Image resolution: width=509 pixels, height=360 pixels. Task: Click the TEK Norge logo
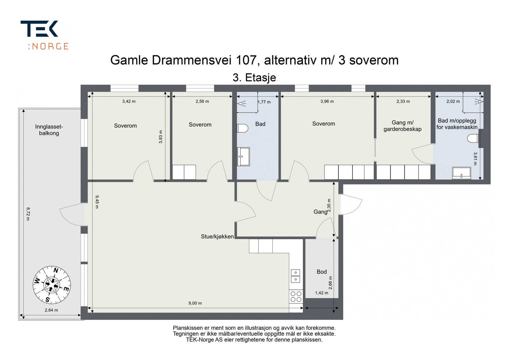click(x=45, y=35)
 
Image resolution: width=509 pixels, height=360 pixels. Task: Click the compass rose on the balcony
click(x=52, y=284)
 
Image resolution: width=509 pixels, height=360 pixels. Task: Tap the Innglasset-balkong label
click(x=49, y=130)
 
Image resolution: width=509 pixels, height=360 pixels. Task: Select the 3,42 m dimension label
click(x=129, y=101)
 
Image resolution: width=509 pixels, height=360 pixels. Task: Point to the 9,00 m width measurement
click(x=195, y=303)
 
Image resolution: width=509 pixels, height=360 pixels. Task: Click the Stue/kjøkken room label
click(x=217, y=236)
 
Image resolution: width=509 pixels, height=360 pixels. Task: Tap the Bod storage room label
click(x=322, y=272)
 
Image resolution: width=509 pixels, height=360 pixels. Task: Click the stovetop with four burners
click(x=296, y=296)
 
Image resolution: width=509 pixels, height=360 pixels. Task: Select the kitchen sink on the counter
click(x=296, y=276)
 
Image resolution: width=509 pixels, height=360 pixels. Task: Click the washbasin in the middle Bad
click(x=243, y=156)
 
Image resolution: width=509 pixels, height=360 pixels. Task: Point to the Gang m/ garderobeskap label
click(x=402, y=126)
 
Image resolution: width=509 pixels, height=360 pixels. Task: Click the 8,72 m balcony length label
click(x=28, y=214)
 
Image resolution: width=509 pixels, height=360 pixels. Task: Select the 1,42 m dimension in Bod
click(x=322, y=293)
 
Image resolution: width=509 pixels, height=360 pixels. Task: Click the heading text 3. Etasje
click(x=254, y=78)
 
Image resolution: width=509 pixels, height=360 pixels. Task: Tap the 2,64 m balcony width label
click(x=51, y=310)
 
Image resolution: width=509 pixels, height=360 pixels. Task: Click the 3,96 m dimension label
click(x=327, y=101)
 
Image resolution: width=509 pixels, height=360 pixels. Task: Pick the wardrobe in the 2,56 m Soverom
click(x=184, y=172)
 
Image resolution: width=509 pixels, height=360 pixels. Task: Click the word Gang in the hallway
click(x=320, y=211)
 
